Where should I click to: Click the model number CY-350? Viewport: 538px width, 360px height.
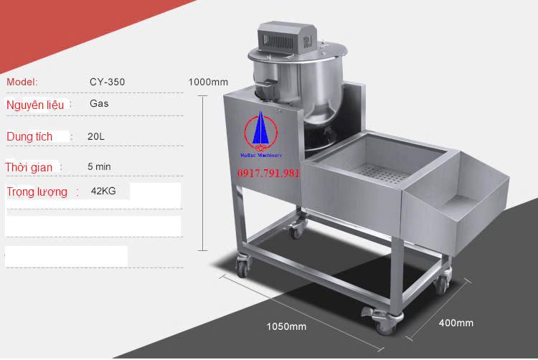[x=107, y=82]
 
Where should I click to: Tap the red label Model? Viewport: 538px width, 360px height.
[x=22, y=82]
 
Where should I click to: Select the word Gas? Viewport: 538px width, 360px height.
[x=99, y=103]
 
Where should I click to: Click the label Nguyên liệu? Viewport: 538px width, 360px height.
[x=35, y=105]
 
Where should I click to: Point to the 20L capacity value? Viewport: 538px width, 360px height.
[x=95, y=136]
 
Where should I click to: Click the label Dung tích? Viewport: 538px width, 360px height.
[x=29, y=136]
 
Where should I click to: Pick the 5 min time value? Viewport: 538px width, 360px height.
[x=99, y=166]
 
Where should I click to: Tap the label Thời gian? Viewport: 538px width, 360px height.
[x=29, y=167]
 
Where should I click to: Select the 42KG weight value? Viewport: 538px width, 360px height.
[x=103, y=191]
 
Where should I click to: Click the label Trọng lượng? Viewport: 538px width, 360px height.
[x=37, y=192]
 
